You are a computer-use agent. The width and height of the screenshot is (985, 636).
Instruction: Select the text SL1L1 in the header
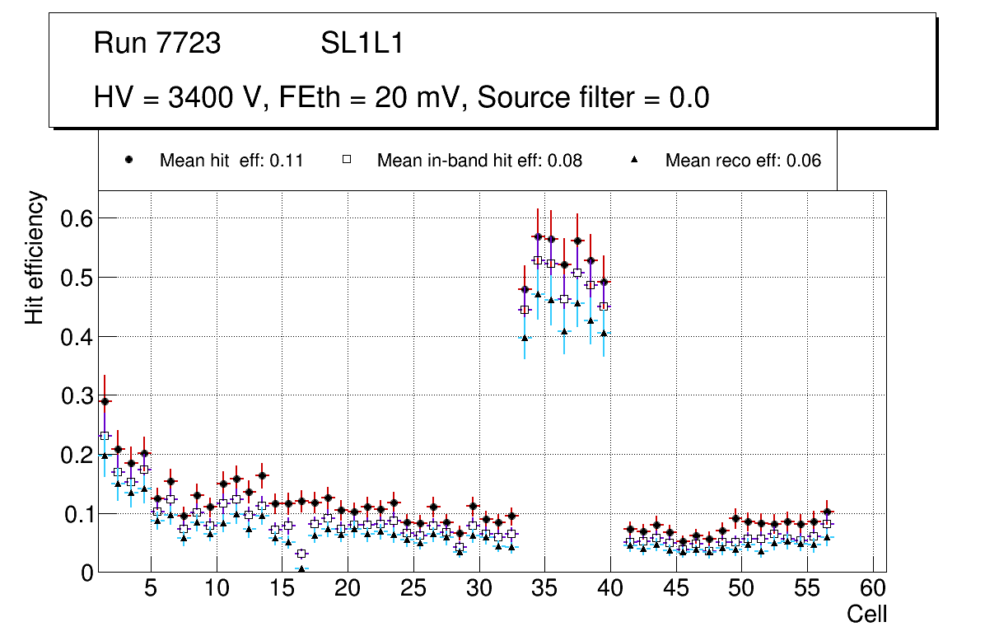(x=362, y=43)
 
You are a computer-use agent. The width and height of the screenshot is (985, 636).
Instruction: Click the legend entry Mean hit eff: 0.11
(x=231, y=161)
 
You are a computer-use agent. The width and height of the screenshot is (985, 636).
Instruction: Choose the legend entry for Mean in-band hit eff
(x=479, y=161)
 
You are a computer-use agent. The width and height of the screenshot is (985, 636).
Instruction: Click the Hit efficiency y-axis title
(x=35, y=257)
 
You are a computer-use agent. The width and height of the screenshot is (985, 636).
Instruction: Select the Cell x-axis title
(x=867, y=614)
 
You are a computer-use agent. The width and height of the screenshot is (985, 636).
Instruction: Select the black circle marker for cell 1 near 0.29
(x=105, y=401)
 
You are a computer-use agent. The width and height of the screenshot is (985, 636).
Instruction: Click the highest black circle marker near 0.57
(x=538, y=236)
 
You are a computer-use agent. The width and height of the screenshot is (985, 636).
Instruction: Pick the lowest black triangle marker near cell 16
(x=301, y=568)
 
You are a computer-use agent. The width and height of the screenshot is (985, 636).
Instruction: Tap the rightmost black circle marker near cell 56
(x=827, y=512)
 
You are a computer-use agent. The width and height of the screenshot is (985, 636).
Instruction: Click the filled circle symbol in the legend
(x=128, y=160)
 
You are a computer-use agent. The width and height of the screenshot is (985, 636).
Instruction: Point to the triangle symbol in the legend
(x=634, y=160)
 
